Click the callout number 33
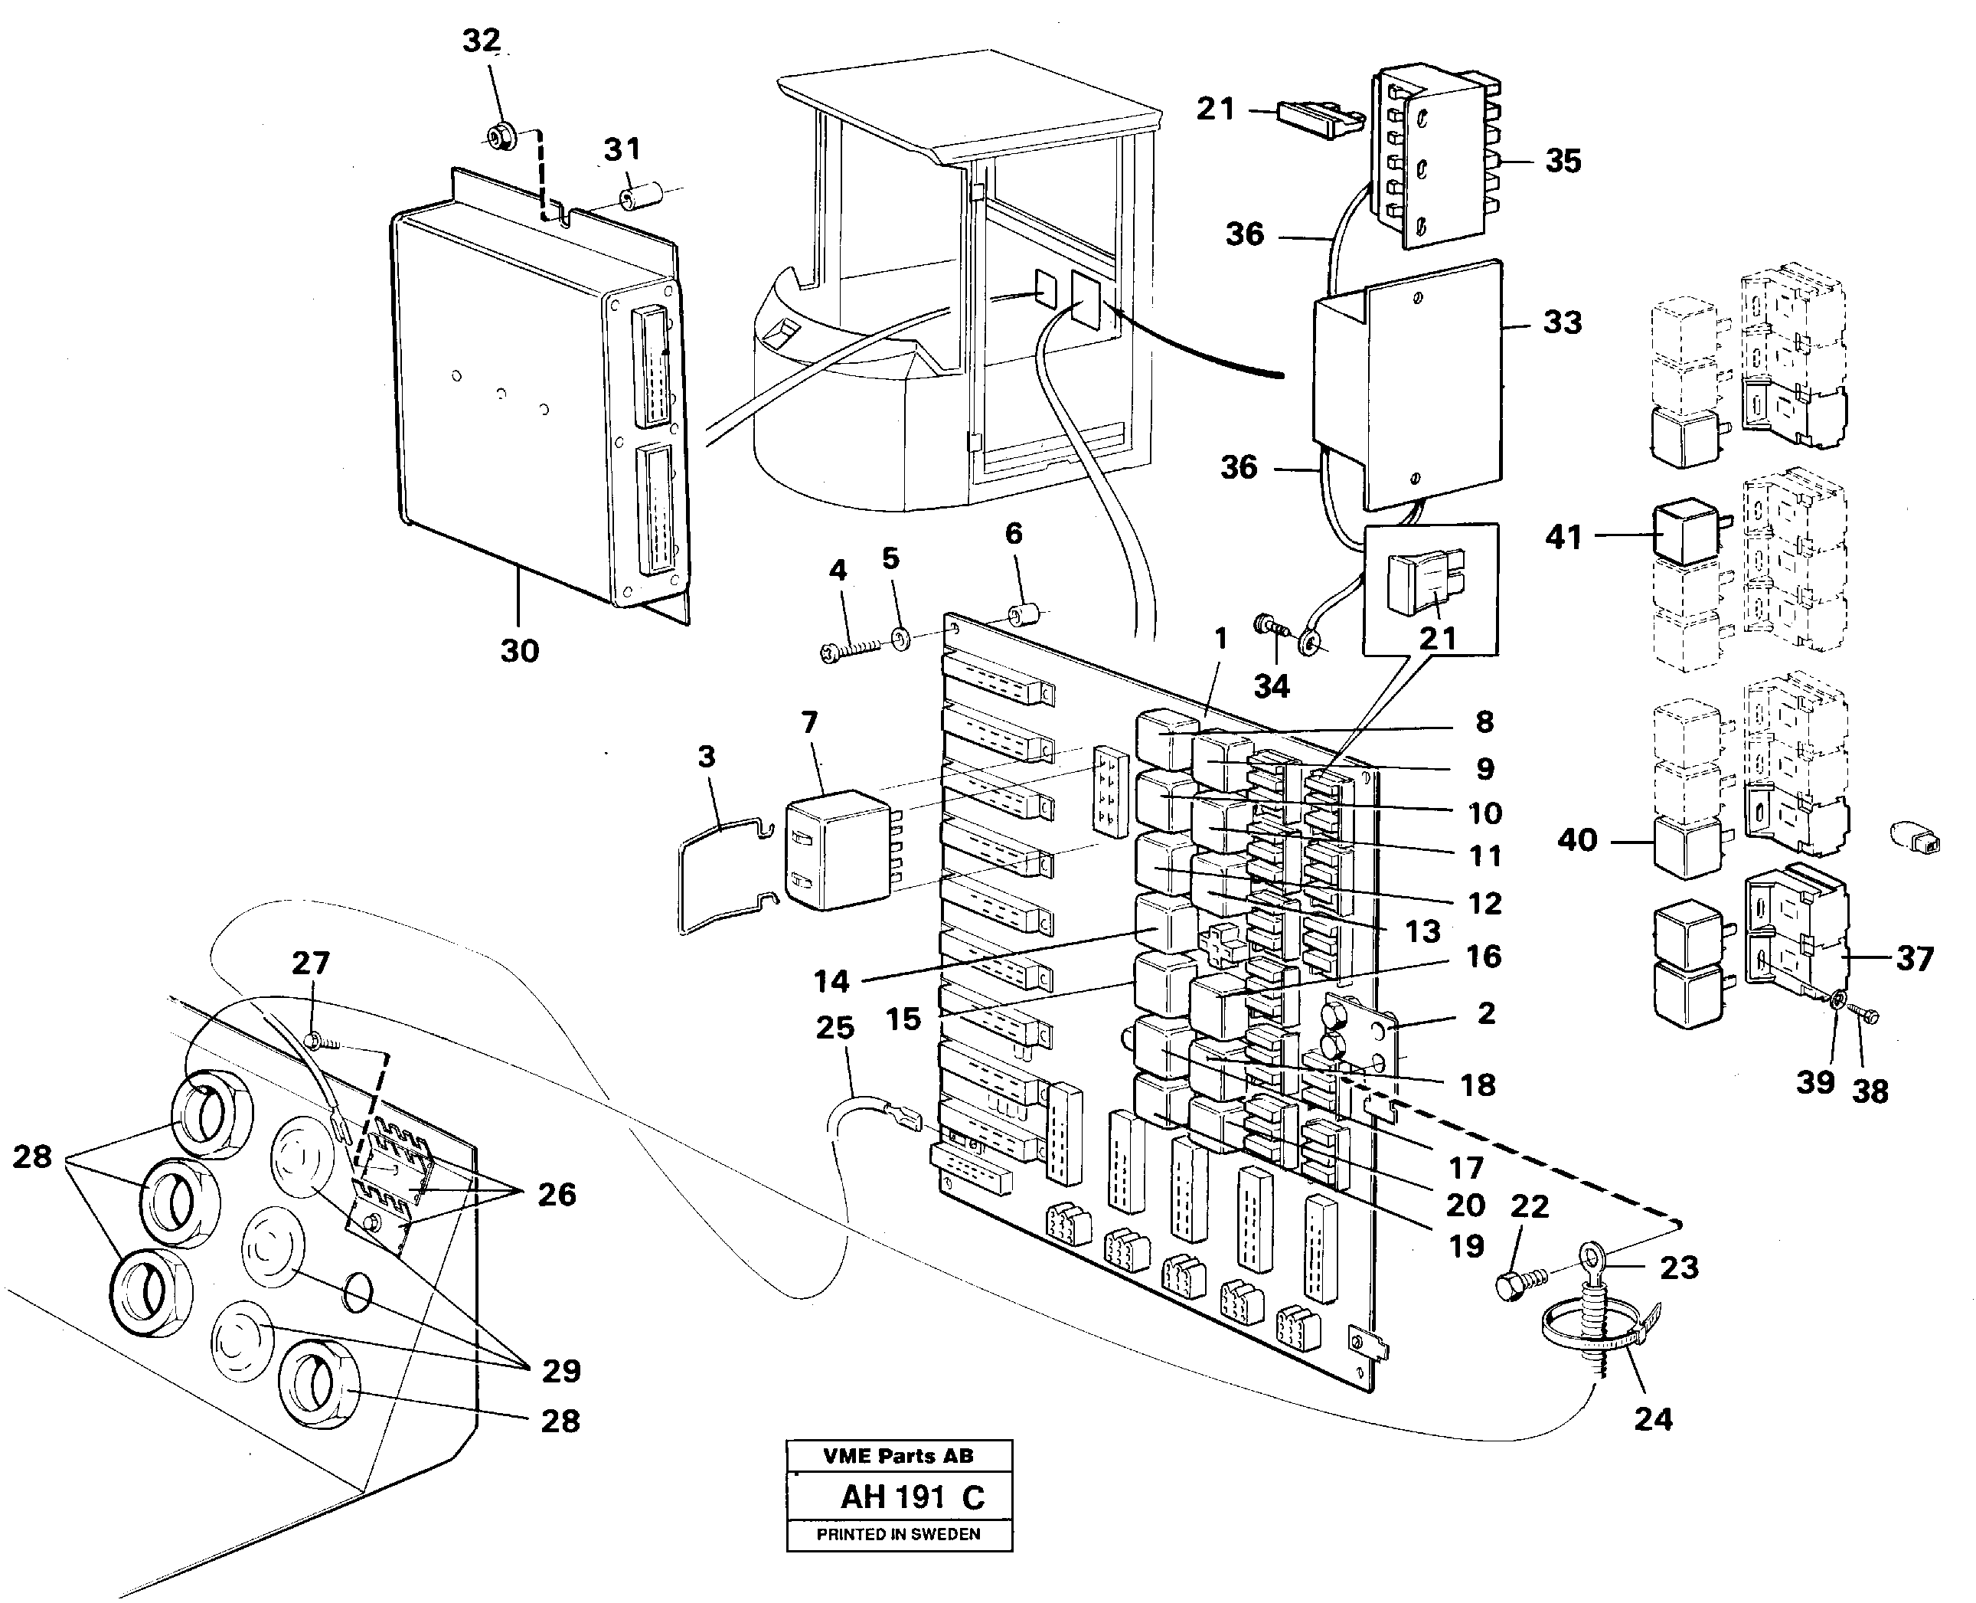pyautogui.click(x=1562, y=322)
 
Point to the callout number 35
pyautogui.click(x=1563, y=161)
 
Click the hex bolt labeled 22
pyautogui.click(x=1514, y=1286)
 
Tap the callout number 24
pyautogui.click(x=1653, y=1418)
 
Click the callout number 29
pyautogui.click(x=561, y=1370)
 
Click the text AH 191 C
pyautogui.click(x=912, y=1497)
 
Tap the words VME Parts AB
pyautogui.click(x=897, y=1456)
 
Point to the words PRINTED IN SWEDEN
pyautogui.click(x=898, y=1535)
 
